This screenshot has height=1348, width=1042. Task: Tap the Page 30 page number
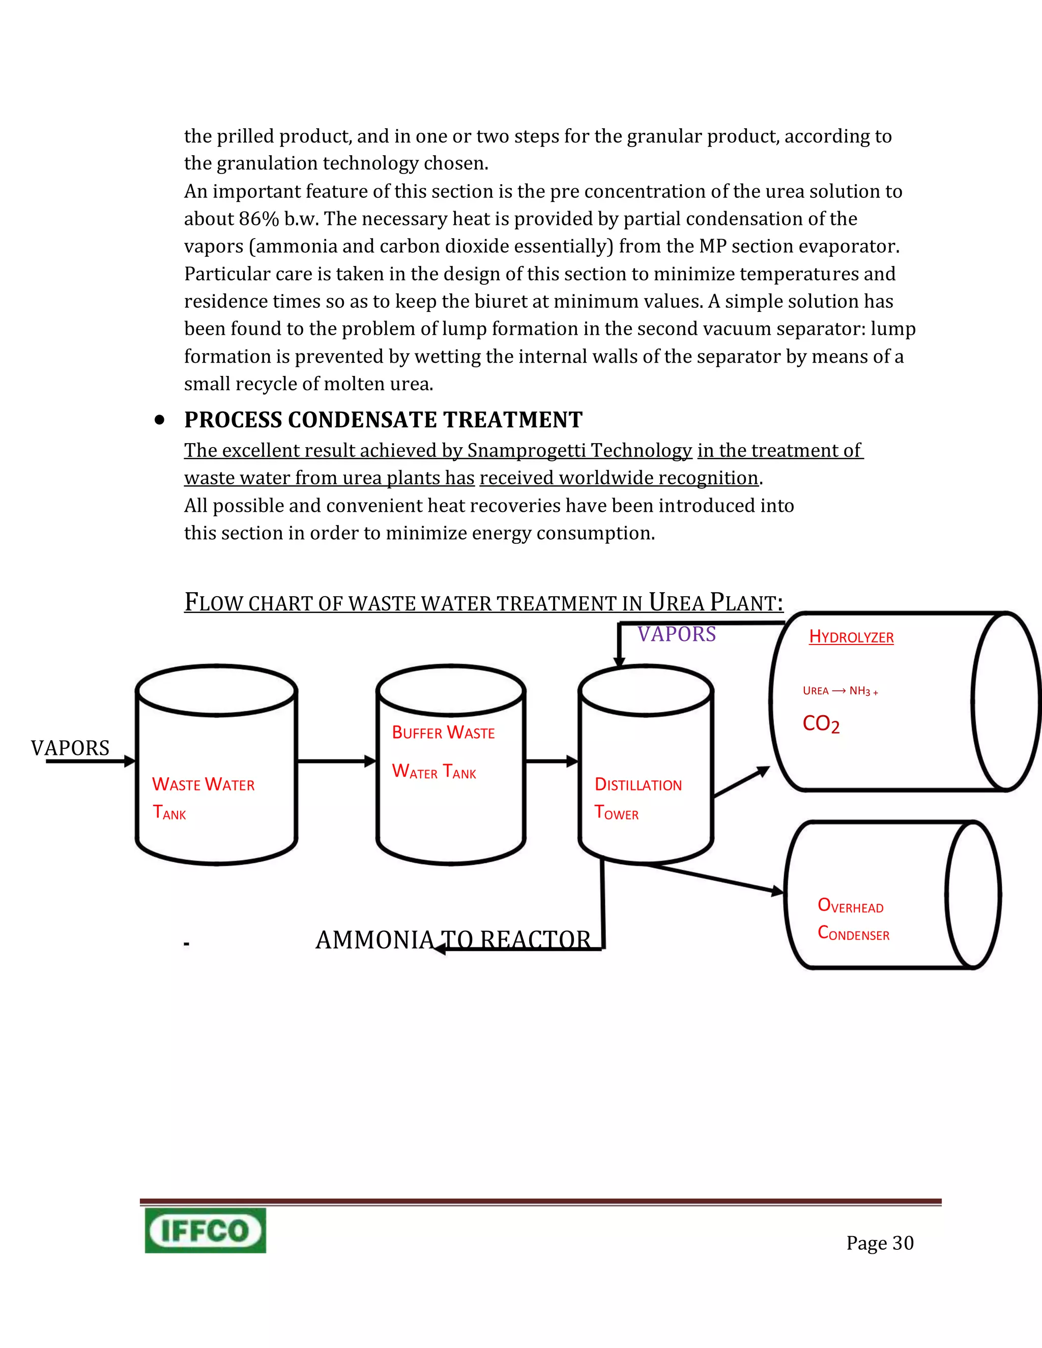pyautogui.click(x=880, y=1243)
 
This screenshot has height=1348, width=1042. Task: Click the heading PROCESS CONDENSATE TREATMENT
pyautogui.click(x=383, y=420)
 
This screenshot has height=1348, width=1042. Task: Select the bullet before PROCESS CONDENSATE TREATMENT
pyautogui.click(x=160, y=420)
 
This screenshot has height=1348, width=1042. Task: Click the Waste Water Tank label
pyautogui.click(x=202, y=798)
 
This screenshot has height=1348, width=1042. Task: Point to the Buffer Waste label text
pyautogui.click(x=443, y=732)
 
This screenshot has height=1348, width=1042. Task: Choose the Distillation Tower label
pyautogui.click(x=638, y=799)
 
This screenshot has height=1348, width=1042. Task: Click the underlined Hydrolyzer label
pyautogui.click(x=851, y=637)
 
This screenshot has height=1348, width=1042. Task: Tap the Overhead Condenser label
pyautogui.click(x=853, y=920)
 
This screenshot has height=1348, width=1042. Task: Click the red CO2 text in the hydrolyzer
pyautogui.click(x=821, y=724)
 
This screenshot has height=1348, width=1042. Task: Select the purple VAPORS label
pyautogui.click(x=677, y=634)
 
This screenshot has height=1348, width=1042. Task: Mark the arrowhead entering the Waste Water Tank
pyautogui.click(x=129, y=761)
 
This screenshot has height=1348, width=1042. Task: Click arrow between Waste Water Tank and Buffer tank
pyautogui.click(x=336, y=761)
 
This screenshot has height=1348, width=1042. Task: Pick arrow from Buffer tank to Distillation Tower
pyautogui.click(x=551, y=761)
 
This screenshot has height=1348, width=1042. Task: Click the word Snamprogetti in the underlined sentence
pyautogui.click(x=526, y=451)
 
